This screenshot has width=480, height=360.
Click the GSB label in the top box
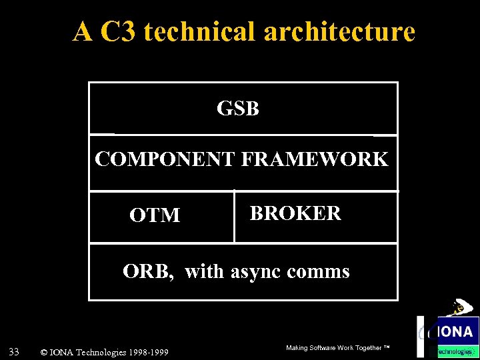pos(237,109)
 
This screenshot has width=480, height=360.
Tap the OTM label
pos(155,215)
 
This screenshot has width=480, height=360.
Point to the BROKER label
pos(295,213)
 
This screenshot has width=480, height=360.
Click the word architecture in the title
pos(339,31)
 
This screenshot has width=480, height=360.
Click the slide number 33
pos(13,351)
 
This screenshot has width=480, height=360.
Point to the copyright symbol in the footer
pos(44,352)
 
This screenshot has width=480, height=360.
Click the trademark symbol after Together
pos(386,347)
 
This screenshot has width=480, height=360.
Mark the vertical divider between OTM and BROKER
pos(234,217)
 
